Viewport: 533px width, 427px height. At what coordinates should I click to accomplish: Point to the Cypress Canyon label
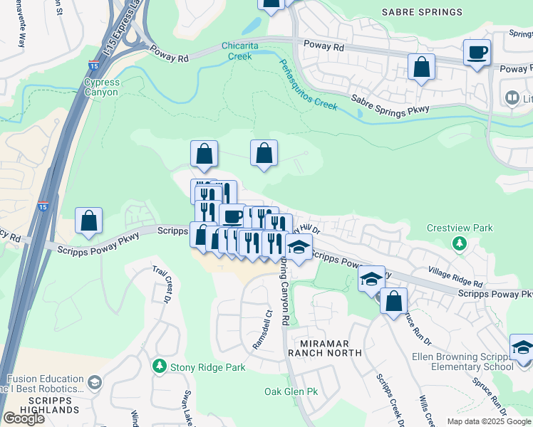[x=102, y=87]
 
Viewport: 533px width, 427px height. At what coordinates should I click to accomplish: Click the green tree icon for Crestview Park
[x=460, y=243]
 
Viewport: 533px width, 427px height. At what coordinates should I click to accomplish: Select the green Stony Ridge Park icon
[x=160, y=367]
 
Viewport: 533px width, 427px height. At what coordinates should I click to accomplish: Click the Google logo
[x=24, y=418]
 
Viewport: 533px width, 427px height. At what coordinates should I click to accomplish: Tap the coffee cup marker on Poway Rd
[x=477, y=52]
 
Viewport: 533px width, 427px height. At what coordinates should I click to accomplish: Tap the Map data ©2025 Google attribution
[x=489, y=421]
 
